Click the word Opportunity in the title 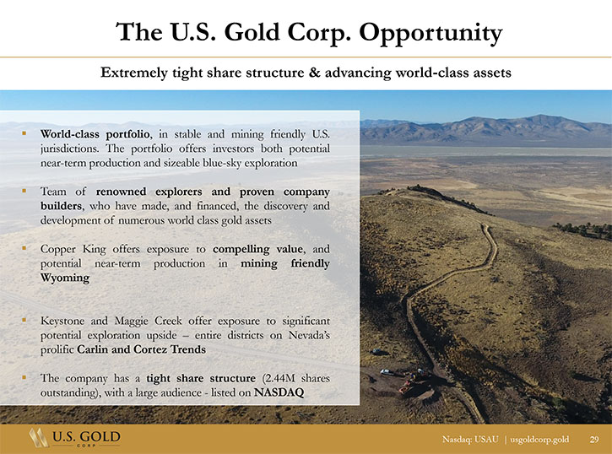point(431,33)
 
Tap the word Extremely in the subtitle point(134,73)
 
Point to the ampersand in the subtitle point(314,73)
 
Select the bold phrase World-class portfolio point(95,134)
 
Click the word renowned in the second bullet point(121,192)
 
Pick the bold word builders point(62,206)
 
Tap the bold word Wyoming point(65,278)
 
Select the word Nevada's point(309,335)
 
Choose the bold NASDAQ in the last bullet point(279,392)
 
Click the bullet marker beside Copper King point(24,248)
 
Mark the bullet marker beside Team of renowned point(24,191)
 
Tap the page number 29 point(594,440)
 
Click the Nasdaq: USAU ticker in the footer point(470,440)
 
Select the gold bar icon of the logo point(38,437)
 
